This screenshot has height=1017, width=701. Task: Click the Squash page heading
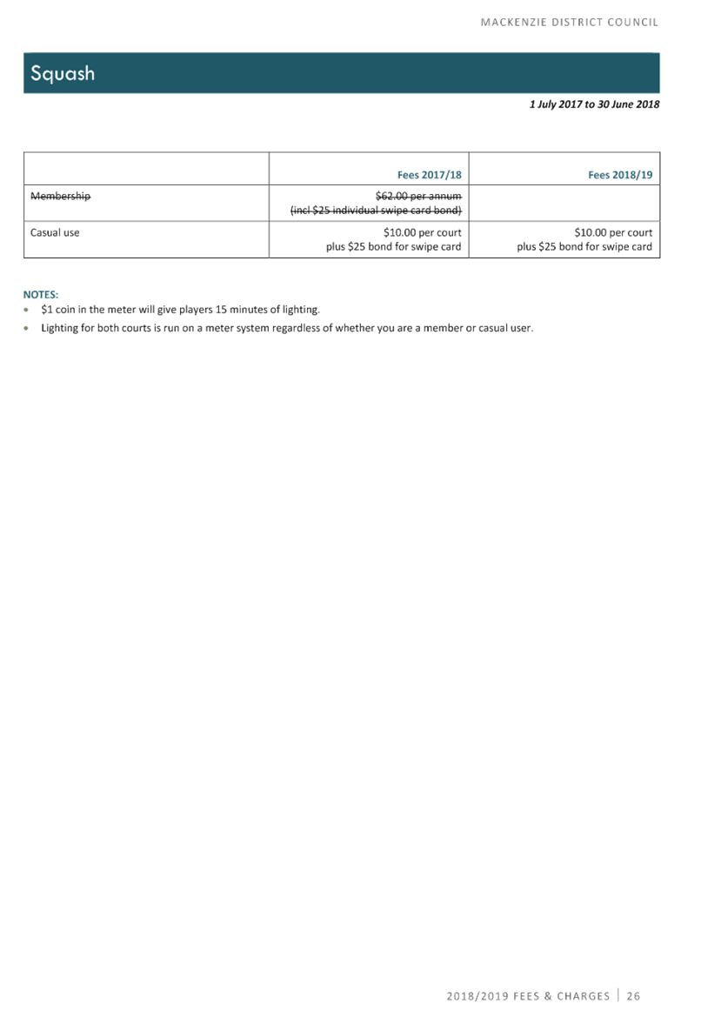pos(63,73)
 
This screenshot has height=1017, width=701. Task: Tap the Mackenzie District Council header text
pos(570,22)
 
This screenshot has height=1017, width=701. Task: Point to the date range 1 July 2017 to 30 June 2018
pos(594,104)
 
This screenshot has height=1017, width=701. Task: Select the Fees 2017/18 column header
pos(430,175)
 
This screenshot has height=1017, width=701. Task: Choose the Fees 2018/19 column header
pos(620,175)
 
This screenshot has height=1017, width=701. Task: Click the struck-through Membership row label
pos(60,197)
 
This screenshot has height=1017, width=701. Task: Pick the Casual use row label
pos(55,233)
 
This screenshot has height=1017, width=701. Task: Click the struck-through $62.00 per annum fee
pos(418,196)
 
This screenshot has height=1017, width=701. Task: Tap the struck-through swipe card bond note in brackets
pos(376,211)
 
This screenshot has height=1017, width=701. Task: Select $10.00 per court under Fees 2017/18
pos(422,233)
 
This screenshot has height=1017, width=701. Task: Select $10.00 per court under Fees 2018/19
pos(613,233)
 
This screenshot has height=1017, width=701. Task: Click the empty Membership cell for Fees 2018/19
pos(564,203)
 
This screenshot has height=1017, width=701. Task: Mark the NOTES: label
pos(40,294)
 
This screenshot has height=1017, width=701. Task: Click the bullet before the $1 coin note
pos(26,310)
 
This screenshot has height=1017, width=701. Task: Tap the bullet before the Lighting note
pos(26,328)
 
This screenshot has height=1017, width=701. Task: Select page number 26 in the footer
pos(633,995)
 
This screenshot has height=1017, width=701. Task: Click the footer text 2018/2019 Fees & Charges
pos(528,995)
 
